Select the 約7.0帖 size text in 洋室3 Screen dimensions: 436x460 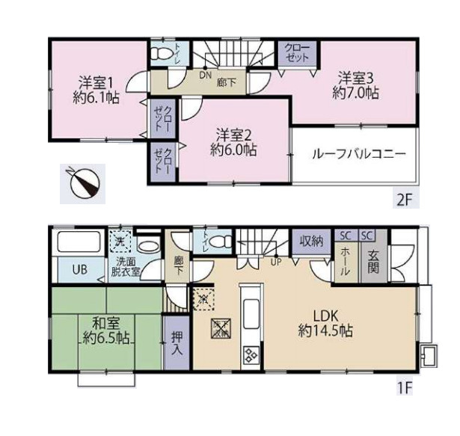point(356,93)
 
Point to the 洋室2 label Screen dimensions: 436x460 point(233,135)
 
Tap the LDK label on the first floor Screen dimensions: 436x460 point(324,315)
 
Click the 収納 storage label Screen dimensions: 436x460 point(312,241)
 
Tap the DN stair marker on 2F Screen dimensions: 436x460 point(204,75)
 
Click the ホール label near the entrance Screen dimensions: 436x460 point(345,262)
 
